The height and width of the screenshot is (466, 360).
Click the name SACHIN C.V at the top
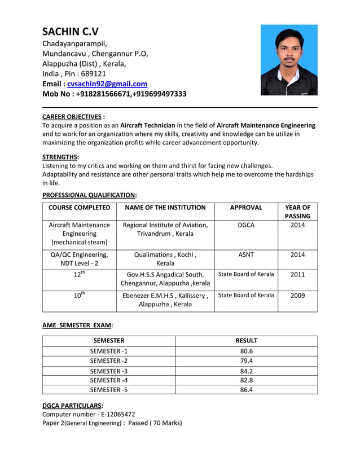[x=70, y=32]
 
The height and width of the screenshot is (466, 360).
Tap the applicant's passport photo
[x=288, y=60]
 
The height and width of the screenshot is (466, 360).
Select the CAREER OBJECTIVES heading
[x=72, y=116]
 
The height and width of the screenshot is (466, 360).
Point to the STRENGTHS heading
[x=60, y=156]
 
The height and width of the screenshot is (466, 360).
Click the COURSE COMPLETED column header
[x=79, y=208]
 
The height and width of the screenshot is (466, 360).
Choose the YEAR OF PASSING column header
[x=297, y=212]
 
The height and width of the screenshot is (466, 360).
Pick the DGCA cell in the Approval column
[x=246, y=225]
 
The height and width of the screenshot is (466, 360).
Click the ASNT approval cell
[x=246, y=254]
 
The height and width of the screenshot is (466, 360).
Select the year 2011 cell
[x=297, y=275]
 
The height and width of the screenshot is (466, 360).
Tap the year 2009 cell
[x=297, y=295]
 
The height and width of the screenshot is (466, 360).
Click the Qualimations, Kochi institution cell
[x=165, y=259]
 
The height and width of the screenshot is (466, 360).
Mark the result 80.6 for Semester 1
[x=246, y=351]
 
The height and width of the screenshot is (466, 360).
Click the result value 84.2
[x=246, y=371]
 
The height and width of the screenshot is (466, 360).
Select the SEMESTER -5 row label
[x=109, y=389]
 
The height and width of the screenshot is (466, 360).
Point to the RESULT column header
[x=246, y=341]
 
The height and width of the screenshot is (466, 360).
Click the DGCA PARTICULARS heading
[x=72, y=405]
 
